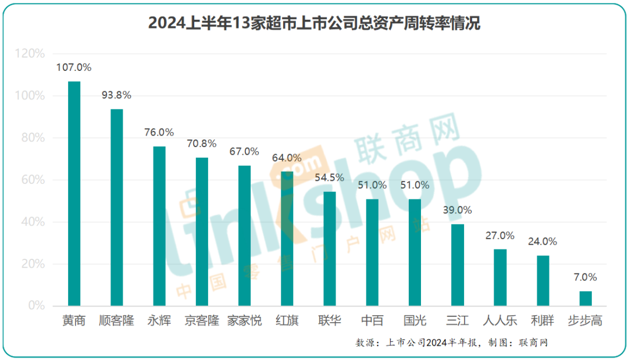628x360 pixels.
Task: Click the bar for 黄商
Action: (74, 194)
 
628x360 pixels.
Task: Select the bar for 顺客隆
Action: (116, 208)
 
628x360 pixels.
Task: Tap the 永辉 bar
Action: (159, 226)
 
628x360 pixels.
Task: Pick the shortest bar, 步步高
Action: (586, 298)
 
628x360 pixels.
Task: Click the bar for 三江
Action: (458, 265)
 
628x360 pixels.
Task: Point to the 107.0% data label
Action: (74, 67)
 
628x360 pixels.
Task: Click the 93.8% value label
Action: (116, 95)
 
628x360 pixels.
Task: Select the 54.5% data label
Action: (329, 177)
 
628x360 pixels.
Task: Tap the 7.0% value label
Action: (586, 277)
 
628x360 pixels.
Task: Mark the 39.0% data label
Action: (458, 210)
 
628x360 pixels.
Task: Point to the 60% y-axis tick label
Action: (33, 180)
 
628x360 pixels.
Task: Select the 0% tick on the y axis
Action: (36, 306)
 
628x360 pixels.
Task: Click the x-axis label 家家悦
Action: (244, 320)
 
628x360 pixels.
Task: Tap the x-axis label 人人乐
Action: (500, 320)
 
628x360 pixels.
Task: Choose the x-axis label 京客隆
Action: (202, 320)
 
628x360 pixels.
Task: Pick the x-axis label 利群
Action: (543, 320)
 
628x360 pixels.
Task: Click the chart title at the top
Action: (314, 24)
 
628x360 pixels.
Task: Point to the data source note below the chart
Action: (452, 343)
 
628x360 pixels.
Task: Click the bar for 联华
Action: (329, 249)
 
